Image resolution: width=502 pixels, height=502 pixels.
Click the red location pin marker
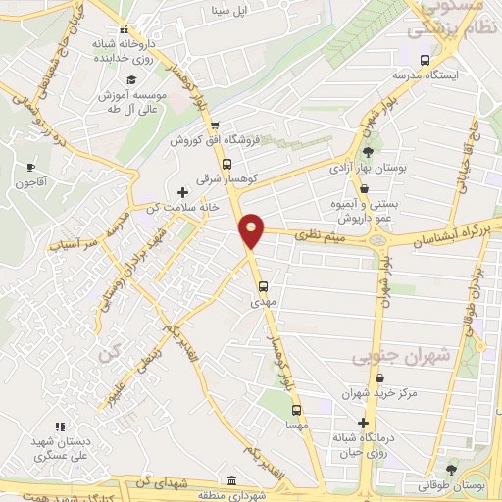click(252, 230)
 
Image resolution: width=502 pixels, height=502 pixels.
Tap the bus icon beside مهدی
click(263, 287)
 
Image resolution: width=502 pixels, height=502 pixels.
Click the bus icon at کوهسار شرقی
click(226, 165)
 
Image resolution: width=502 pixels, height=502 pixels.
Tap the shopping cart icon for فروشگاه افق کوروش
click(214, 125)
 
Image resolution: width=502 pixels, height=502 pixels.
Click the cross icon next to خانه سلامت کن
click(181, 191)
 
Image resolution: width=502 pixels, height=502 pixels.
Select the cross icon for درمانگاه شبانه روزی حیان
click(362, 422)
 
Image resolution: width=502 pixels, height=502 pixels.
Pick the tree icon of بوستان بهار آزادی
click(368, 152)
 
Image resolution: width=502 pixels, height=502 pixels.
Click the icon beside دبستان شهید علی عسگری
click(59, 427)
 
